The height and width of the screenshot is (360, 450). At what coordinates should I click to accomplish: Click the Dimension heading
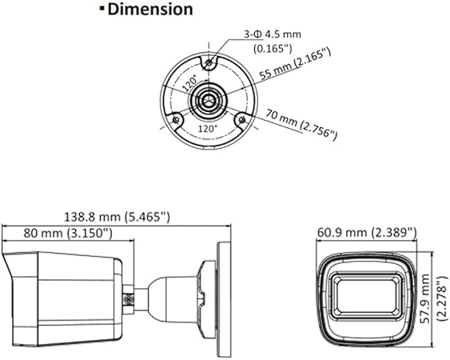coord(150,9)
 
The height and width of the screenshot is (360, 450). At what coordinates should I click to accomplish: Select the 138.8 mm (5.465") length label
coord(117,217)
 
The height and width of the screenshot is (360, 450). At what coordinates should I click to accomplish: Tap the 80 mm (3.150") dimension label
coord(68,233)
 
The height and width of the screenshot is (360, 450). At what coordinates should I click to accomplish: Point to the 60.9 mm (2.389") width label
coord(367,232)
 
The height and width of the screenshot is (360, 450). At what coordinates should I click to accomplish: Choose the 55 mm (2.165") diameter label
coord(295,64)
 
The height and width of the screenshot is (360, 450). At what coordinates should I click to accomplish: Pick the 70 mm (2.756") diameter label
coord(301,125)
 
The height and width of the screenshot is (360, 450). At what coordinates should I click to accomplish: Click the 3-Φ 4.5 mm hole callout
coord(273,34)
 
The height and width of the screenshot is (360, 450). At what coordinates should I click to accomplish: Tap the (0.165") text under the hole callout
coord(273,49)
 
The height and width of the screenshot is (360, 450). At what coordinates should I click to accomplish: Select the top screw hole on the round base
coord(209,62)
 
